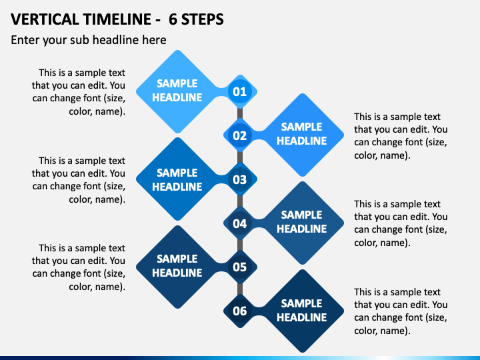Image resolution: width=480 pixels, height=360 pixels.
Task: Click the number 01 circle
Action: coord(240,91)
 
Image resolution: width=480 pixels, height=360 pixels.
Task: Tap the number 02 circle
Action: coord(240,135)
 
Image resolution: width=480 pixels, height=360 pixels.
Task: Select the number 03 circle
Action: coord(240,179)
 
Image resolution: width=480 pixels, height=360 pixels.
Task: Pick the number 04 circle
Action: coord(240,223)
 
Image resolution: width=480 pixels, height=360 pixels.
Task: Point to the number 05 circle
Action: coord(240,267)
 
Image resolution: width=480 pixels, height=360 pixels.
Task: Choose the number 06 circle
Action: coord(240,311)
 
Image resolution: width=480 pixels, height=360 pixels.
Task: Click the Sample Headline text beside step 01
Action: coord(177,90)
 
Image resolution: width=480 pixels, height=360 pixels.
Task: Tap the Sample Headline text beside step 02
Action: coord(302,134)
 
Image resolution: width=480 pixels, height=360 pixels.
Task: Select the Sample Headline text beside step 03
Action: coord(177,180)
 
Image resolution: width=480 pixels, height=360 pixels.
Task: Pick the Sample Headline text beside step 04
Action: coord(302,221)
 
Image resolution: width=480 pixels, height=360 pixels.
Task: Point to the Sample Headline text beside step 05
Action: coord(177,266)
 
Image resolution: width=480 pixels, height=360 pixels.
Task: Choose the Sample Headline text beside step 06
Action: coord(302,311)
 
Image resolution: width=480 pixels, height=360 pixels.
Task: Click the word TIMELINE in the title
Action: coord(117,19)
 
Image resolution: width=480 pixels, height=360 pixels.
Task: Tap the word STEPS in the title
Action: coord(203,19)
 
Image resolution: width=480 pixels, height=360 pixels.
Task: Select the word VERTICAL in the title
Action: coord(45,19)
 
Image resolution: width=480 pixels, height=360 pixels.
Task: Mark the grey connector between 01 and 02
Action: coord(240,113)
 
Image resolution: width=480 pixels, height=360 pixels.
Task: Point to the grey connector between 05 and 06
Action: coord(240,289)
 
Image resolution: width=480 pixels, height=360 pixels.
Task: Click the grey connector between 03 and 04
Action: coord(240,201)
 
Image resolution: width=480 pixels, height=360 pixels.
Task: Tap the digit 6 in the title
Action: coord(173,19)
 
